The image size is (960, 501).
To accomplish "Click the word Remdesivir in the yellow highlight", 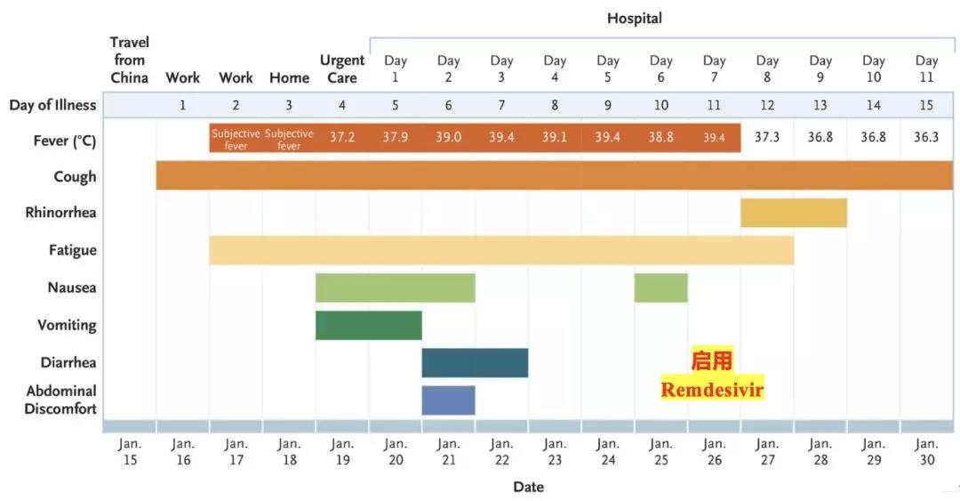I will click(712, 390).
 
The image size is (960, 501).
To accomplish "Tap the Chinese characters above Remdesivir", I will click(712, 360).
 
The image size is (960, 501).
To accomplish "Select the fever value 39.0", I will click(448, 138).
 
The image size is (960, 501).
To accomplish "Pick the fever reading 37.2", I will click(342, 138).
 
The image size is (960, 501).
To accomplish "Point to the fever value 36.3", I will click(926, 138).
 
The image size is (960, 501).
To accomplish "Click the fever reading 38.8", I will click(660, 138).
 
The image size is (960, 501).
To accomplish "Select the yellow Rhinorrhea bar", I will click(793, 214).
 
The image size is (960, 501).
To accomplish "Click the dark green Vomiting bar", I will click(368, 326).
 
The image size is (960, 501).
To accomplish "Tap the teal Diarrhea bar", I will click(475, 363).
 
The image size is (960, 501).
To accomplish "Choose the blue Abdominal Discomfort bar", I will click(448, 400).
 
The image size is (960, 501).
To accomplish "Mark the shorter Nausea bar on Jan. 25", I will click(660, 287).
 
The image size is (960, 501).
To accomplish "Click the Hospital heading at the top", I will click(634, 18).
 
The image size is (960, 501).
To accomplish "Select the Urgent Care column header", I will click(342, 69).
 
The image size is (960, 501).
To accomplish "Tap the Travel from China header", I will click(130, 60).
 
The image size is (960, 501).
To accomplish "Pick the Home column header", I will click(289, 77).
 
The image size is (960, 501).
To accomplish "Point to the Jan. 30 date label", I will click(926, 451).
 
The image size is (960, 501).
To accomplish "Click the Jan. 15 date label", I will click(130, 451).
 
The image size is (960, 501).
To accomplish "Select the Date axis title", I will click(528, 487).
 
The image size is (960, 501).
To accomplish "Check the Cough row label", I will click(75, 176).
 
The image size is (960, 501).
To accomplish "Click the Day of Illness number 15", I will click(926, 105).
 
